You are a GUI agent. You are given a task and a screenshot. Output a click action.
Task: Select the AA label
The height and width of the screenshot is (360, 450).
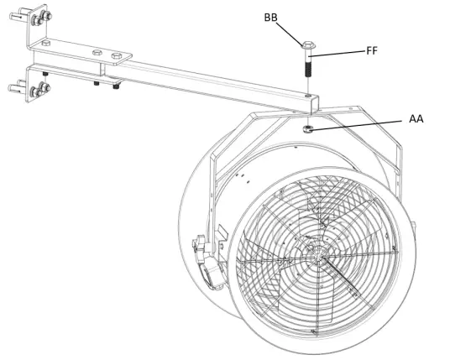(416, 119)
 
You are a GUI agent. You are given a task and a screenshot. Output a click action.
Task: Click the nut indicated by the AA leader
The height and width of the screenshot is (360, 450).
(309, 128)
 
